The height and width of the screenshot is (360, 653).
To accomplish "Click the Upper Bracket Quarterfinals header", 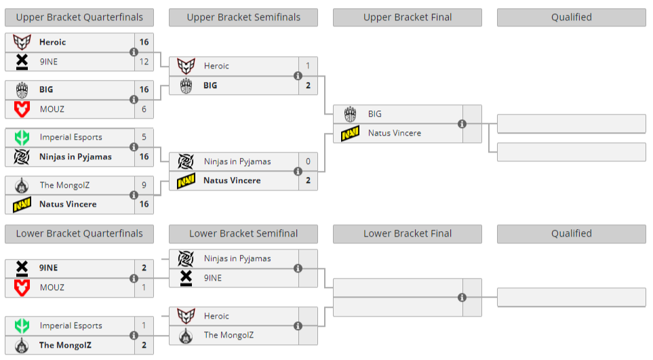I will [79, 18].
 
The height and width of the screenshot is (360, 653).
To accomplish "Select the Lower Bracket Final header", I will [408, 234].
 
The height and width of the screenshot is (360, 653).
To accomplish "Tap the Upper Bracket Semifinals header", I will [243, 18].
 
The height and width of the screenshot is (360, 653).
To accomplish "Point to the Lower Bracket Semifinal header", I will [243, 234].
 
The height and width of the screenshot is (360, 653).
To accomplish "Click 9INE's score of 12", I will [144, 62].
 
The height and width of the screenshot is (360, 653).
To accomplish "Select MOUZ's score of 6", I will [144, 108].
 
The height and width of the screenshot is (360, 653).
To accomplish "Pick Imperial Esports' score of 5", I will [144, 137].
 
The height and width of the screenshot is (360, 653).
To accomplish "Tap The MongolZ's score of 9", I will [144, 184].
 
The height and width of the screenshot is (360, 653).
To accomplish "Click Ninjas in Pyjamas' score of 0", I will [308, 161].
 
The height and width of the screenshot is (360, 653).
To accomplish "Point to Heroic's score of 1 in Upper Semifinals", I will [308, 66].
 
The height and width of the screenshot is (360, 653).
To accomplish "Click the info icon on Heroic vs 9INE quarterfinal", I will [134, 52].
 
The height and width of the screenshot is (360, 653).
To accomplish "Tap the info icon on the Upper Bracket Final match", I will [462, 124].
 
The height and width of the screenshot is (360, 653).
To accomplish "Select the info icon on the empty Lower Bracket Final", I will [462, 297].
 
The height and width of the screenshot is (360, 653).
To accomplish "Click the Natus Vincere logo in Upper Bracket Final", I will [350, 134].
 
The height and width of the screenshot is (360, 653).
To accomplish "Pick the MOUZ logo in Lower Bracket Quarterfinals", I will [22, 287].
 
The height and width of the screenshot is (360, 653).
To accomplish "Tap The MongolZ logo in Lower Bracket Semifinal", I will [186, 336].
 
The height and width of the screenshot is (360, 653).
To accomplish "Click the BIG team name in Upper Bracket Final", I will [375, 114].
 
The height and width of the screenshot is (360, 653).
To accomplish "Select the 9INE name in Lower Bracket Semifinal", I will [213, 278].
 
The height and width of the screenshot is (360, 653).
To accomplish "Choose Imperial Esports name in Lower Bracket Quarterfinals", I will [71, 325].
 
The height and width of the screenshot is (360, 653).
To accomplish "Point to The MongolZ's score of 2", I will [144, 345].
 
